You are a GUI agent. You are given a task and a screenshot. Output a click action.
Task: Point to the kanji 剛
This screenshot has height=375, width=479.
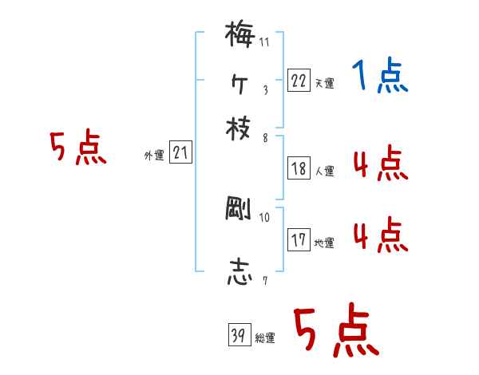239,210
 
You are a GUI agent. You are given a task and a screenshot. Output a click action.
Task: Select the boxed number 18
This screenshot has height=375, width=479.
299,168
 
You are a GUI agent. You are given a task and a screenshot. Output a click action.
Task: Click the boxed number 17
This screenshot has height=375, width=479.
299,240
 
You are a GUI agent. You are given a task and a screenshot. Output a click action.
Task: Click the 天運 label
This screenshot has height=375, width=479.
324,83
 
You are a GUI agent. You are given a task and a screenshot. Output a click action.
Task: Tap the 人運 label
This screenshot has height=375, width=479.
324,170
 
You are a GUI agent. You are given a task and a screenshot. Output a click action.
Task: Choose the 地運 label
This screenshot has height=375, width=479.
324,242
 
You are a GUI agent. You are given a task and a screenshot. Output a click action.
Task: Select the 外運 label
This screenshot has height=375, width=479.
154,156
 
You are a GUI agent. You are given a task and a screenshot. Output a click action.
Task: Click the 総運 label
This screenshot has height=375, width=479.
264,338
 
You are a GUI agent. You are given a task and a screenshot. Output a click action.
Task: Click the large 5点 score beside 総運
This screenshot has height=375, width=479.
336,332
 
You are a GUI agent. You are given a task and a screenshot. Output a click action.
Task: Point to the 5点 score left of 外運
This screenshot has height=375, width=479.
77,149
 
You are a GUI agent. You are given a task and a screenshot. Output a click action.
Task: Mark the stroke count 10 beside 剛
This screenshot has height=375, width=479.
264,217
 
